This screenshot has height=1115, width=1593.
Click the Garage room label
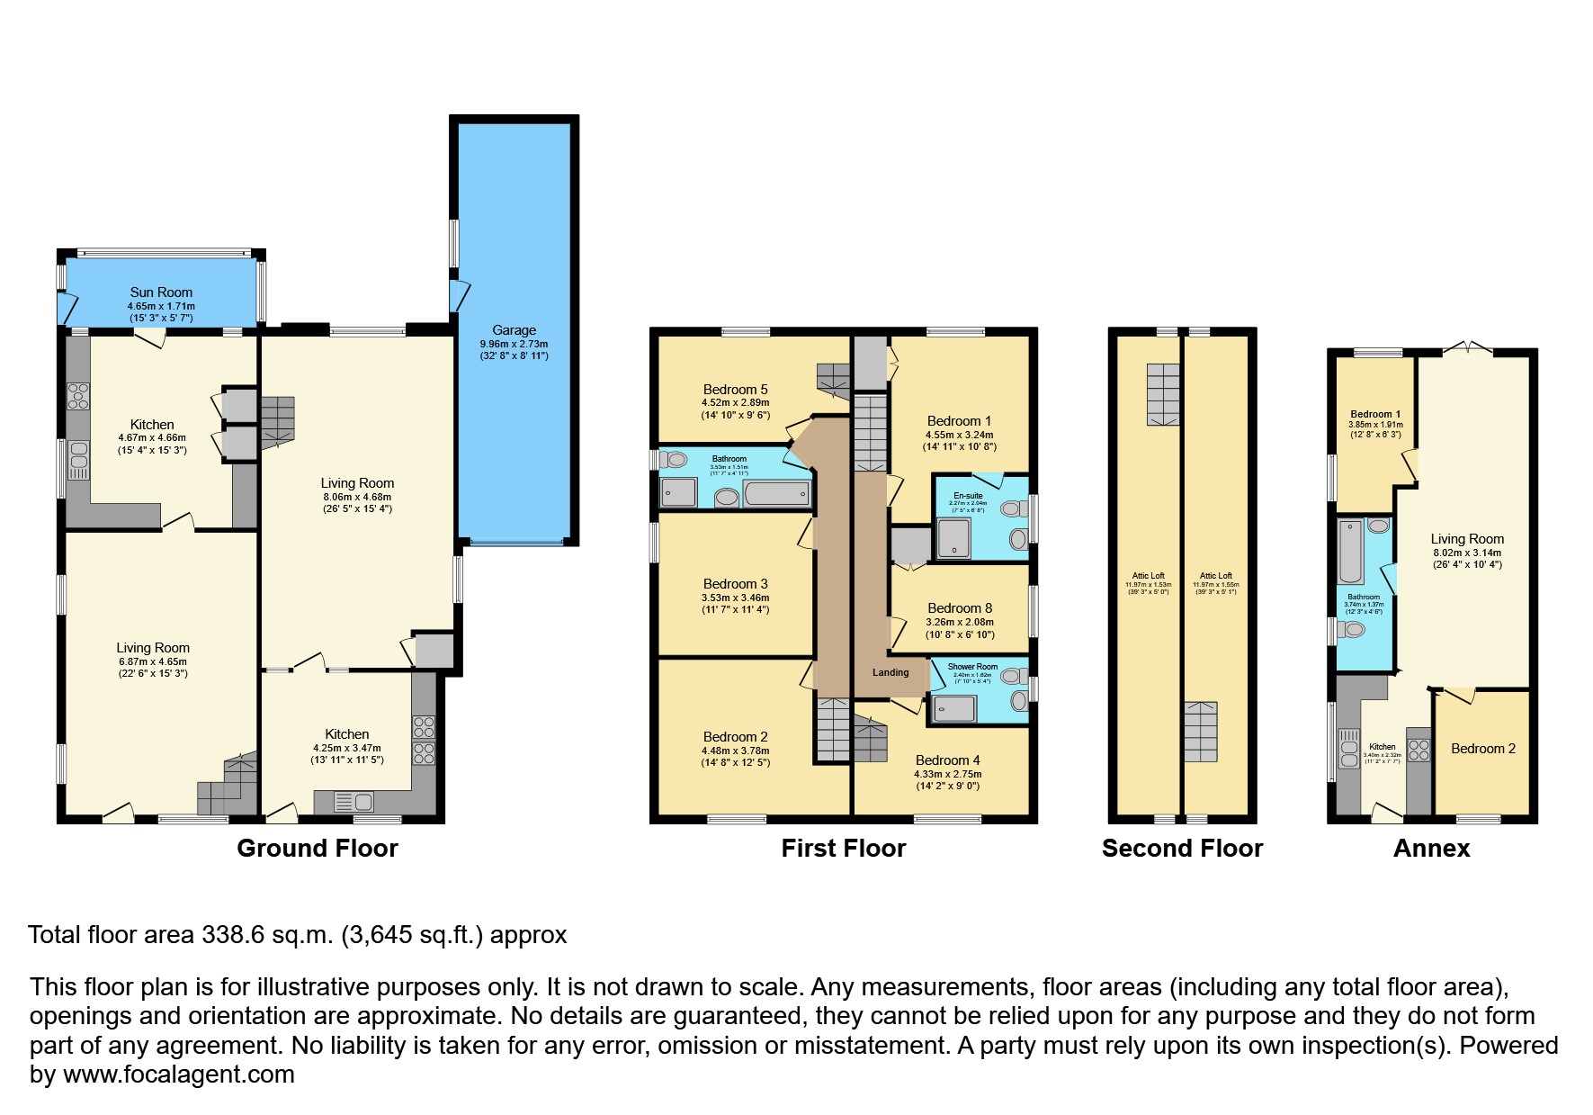click(x=514, y=330)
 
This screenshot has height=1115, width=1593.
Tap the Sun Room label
click(x=161, y=292)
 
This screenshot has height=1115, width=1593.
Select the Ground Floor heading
click(x=317, y=849)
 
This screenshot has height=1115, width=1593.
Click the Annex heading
click(x=1431, y=849)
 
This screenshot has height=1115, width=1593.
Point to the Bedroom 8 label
click(x=960, y=608)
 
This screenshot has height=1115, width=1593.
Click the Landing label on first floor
click(x=890, y=672)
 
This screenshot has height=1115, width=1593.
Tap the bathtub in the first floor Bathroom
click(x=777, y=493)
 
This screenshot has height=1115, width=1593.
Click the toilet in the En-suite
click(x=1013, y=509)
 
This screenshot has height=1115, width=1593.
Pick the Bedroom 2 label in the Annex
click(x=1482, y=749)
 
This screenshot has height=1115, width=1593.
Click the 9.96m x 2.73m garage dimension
click(x=514, y=344)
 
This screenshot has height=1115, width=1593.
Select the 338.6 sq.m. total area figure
click(x=266, y=935)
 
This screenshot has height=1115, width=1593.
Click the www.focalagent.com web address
click(x=178, y=1075)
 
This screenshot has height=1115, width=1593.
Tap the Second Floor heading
click(x=1182, y=849)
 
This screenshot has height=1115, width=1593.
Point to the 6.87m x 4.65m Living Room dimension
click(x=152, y=661)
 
